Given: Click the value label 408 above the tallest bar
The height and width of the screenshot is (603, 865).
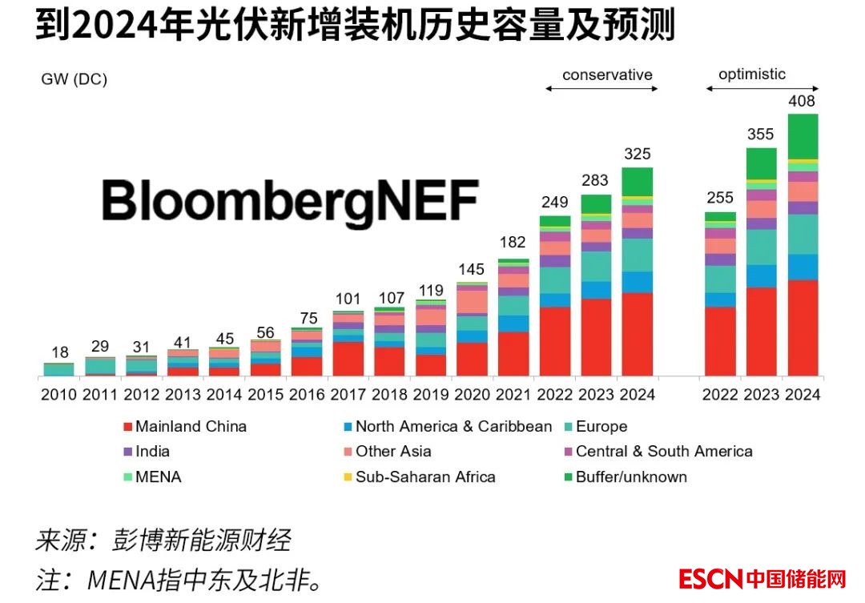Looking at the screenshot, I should point(802,102).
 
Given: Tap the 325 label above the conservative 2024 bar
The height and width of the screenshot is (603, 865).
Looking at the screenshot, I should point(638,154).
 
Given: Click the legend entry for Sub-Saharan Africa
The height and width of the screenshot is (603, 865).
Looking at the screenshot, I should point(425,477).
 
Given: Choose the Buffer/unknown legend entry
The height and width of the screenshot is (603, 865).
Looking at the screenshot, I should point(631,477).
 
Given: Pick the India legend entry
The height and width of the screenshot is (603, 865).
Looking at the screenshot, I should point(152,452).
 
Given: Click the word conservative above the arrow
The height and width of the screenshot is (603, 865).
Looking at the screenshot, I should point(607,75).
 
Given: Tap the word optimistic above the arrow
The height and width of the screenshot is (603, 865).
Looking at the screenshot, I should point(752,74).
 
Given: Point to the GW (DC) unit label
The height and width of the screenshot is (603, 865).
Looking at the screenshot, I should point(74,79).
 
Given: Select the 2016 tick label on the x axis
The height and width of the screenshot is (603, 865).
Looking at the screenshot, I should point(308,395).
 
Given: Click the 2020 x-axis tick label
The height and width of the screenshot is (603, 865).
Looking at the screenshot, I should point(472,395).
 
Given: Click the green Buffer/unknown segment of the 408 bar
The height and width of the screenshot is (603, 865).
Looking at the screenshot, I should point(803,136).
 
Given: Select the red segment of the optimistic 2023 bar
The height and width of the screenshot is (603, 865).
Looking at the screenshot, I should point(762,332).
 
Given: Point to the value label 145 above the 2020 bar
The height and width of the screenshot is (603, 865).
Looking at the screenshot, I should point(472,270).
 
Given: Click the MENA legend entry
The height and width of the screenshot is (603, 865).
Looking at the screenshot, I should point(157,477).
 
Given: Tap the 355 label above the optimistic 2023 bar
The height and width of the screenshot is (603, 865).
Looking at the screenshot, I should point(761,135).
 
